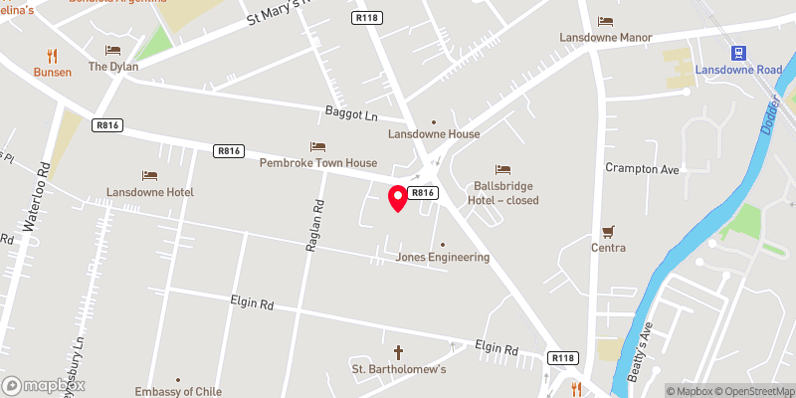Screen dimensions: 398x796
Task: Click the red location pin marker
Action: tap(397, 198)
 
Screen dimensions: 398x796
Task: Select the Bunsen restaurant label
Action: tap(52, 72)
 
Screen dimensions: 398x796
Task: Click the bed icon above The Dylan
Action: tap(112, 51)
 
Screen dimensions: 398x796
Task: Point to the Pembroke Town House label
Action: tap(318, 162)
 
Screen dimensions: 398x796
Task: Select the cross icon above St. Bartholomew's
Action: tap(399, 352)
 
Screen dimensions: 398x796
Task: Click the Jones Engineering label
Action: tap(443, 257)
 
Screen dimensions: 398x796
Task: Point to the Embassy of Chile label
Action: tap(177, 391)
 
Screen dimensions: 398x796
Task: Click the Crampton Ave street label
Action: tap(642, 169)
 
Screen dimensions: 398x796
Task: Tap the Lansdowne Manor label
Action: tap(605, 38)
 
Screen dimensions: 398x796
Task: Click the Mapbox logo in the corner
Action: tap(44, 385)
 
